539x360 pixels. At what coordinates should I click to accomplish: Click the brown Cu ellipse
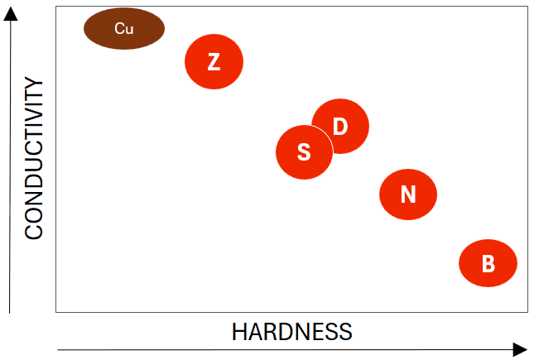124,29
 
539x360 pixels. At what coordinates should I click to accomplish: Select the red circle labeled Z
214,61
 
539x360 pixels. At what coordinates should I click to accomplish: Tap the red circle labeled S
303,152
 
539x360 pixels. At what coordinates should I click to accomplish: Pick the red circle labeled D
341,125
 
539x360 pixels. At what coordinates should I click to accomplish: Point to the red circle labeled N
407,194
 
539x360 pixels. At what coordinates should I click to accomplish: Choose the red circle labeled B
488,263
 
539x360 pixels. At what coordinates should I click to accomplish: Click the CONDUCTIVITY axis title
33,158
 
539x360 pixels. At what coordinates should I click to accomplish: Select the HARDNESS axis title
291,333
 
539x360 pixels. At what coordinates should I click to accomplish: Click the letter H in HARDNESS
238,333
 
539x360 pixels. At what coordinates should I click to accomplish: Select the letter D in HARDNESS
284,333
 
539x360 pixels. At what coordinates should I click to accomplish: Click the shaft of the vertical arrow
10,166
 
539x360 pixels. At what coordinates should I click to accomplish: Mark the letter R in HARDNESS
269,333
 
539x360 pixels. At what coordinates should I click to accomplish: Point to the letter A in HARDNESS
254,333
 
